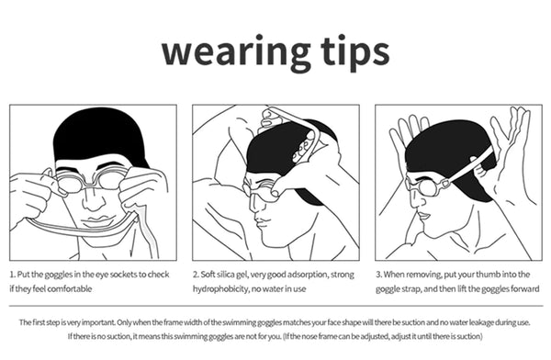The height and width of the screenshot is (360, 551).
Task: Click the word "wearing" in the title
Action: pos(236,51)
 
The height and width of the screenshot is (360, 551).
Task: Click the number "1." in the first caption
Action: pos(13,275)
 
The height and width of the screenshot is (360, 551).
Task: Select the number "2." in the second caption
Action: pos(197,275)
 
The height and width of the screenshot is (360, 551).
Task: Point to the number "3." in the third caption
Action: pos(379,275)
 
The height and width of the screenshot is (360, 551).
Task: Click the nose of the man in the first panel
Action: pos(93,201)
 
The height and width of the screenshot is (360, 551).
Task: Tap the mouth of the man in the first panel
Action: pos(95,220)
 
